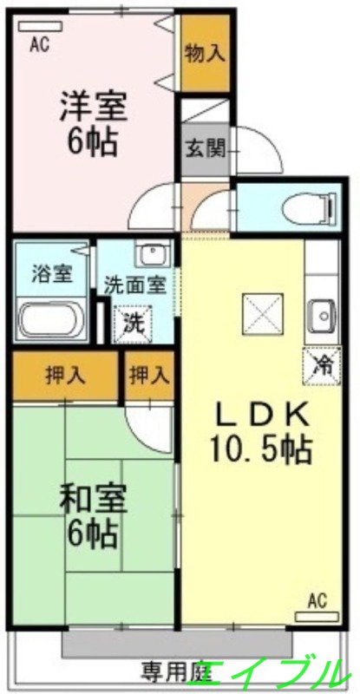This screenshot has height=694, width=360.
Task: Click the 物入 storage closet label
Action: point(206,52)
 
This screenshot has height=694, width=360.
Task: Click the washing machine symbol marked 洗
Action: point(134,323)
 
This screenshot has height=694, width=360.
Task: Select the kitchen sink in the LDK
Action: point(321,313)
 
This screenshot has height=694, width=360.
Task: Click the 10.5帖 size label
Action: point(259,448)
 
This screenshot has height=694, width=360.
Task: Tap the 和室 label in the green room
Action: point(93,499)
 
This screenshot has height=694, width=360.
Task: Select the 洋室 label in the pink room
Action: point(93,108)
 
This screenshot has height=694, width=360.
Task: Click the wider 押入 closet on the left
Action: point(65,376)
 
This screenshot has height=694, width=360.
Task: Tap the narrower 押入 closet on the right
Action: point(149,376)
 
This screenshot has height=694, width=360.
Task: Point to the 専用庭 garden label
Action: point(177,671)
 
